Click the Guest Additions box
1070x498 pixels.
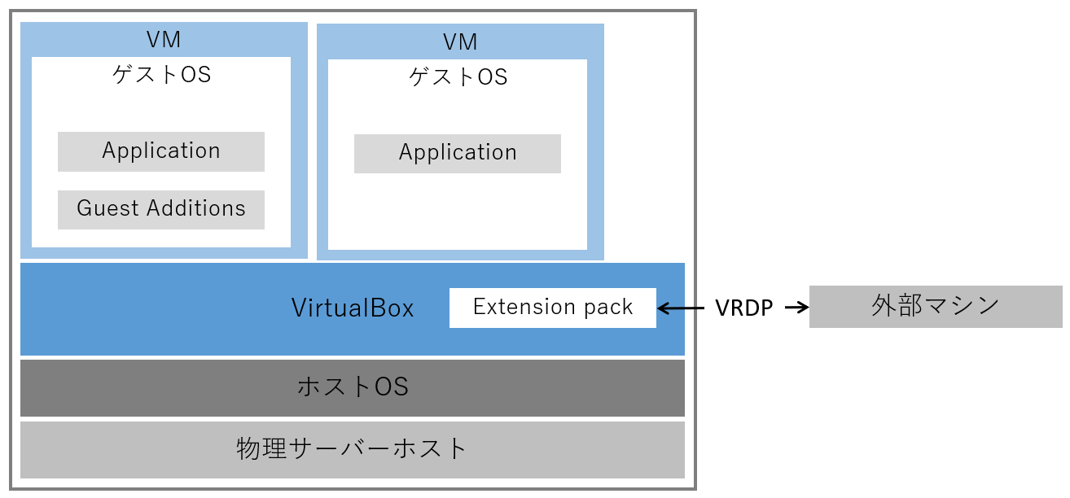pos(161,209)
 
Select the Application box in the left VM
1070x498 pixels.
pos(161,151)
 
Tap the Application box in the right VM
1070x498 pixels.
pos(457,153)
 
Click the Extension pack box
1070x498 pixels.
pos(552,308)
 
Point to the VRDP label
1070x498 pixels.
pos(743,308)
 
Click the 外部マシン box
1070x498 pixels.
pos(935,307)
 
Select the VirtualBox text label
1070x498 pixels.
pos(353,308)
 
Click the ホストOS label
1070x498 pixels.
pos(352,387)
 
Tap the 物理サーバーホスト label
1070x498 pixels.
pos(352,448)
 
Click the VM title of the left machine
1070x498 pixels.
pos(164,39)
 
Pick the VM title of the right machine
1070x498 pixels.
pos(460,41)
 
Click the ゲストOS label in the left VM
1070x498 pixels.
pos(161,75)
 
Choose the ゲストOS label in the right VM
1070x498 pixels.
pos(458,77)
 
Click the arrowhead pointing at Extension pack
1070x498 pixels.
pos(663,308)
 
